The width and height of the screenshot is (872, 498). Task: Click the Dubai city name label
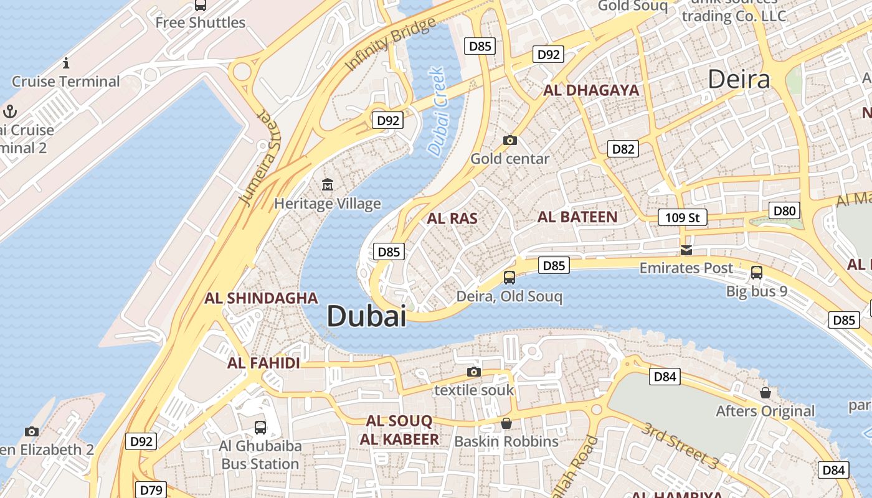[x=366, y=316]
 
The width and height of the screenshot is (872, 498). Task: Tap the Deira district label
[x=739, y=79]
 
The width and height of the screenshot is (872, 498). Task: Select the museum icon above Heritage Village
[x=328, y=184]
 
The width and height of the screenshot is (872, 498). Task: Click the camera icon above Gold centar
[x=510, y=140]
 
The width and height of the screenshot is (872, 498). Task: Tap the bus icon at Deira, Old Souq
[x=509, y=278]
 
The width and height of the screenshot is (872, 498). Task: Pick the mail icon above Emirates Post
[x=686, y=250]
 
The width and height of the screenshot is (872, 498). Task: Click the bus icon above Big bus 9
[x=757, y=273]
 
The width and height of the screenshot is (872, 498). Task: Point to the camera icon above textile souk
[x=474, y=372]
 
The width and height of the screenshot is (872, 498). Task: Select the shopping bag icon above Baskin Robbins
[x=506, y=423]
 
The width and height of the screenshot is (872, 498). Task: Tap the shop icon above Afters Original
[x=765, y=393]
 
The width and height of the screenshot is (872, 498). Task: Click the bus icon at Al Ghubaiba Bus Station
[x=260, y=428]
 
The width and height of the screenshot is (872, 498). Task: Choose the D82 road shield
[x=623, y=149]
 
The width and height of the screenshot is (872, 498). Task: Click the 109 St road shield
[x=683, y=217]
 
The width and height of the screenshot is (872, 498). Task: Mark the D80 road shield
[x=784, y=210]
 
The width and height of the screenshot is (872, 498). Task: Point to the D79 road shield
[x=151, y=490]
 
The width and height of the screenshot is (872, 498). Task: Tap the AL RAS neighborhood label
[x=452, y=218]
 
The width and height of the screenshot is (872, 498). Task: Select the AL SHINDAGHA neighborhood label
[x=261, y=298]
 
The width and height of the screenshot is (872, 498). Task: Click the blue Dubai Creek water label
[x=438, y=111]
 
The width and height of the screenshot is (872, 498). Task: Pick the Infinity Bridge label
[x=390, y=44]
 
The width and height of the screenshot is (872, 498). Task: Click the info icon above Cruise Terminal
[x=66, y=63]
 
